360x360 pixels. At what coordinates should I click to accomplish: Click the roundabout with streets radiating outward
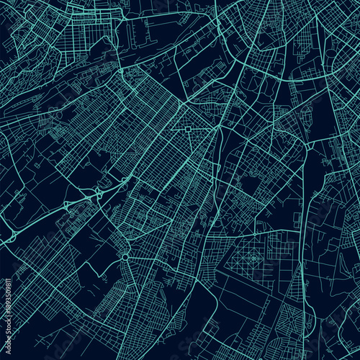125,256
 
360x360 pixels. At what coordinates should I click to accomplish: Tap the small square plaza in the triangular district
189,130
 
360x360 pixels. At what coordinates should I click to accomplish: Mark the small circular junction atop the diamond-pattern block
254,235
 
